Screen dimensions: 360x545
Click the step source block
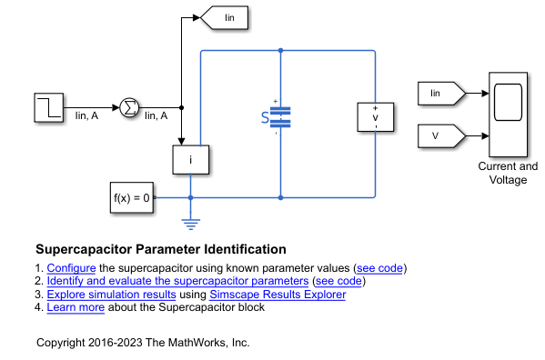click(x=47, y=108)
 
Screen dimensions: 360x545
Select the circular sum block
click(x=129, y=108)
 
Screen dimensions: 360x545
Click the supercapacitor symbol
click(x=280, y=116)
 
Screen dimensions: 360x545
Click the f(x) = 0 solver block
click(x=130, y=196)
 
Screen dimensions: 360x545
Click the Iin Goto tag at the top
click(x=222, y=17)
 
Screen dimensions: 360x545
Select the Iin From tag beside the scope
click(x=440, y=93)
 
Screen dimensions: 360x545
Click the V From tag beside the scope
click(x=440, y=136)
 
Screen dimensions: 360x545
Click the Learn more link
click(x=76, y=306)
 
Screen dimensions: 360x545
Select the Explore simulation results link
click(x=114, y=294)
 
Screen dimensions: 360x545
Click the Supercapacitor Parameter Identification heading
click(x=161, y=249)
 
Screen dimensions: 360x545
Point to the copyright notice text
click(x=143, y=343)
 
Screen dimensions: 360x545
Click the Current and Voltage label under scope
click(x=508, y=173)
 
